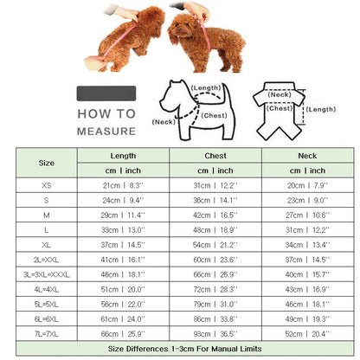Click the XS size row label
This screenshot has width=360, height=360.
coord(46,186)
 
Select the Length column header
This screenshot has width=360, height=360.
coord(124,155)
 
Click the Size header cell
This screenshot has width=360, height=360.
coord(46,162)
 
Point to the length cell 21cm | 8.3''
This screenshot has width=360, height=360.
coord(124,186)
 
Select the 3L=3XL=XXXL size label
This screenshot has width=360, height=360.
coord(46,274)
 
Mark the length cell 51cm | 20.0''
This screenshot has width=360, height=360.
coord(124,289)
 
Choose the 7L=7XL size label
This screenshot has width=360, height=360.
coord(46,333)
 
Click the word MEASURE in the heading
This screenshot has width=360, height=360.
coord(105,132)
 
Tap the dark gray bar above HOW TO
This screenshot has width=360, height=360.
coord(105,93)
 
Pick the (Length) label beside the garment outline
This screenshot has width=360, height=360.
coord(321,109)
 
